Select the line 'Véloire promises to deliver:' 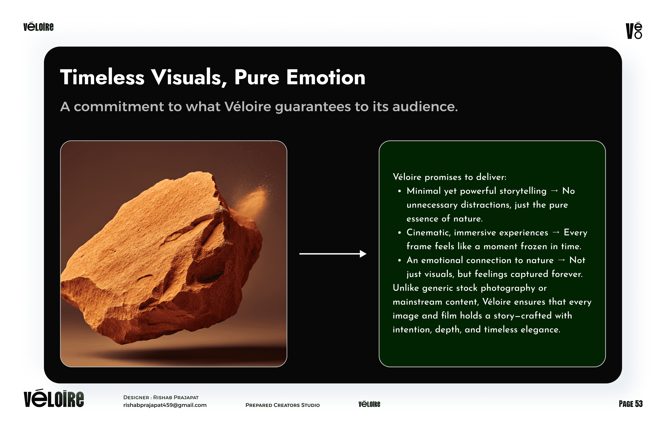(449, 177)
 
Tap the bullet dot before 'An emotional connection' (400, 260)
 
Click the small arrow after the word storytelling (554, 191)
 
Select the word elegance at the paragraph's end (541, 330)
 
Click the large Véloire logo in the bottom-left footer (54, 398)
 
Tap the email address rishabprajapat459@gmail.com (165, 405)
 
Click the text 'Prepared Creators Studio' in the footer (283, 405)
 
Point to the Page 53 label (631, 404)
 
